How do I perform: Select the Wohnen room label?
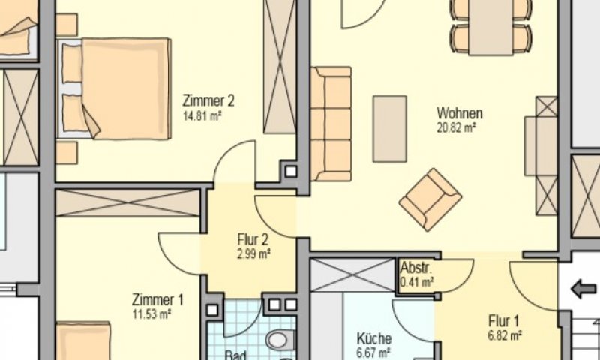460,114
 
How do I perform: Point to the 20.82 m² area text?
457,127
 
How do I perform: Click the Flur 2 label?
253,240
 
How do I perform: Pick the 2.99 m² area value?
253,253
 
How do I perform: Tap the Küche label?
373,338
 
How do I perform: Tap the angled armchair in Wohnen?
430,199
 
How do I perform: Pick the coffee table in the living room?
389,128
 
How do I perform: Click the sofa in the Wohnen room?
331,124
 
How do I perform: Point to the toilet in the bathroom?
279,339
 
